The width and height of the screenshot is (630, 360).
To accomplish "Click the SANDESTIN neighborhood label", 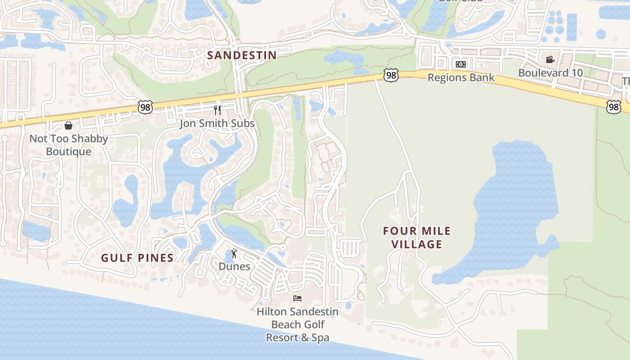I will coord(242,55).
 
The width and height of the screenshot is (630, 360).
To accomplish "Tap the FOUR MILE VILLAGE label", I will coord(417,238).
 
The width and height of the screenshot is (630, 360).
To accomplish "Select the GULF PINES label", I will coord(137,258).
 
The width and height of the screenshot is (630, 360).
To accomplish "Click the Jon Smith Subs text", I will coord(217,123).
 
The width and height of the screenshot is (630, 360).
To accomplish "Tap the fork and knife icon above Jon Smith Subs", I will coord(217,110).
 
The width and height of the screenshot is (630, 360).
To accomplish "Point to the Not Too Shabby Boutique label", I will coord(68,145).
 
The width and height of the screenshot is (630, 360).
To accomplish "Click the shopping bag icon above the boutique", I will coord(68,125).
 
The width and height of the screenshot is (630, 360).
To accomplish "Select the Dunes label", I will coord(234,266).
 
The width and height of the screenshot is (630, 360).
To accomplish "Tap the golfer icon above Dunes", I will coord(234,254).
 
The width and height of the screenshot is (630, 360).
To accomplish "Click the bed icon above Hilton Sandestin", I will coord(297,298).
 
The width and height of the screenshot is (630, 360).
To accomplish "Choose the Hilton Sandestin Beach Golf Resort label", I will coord(297,324).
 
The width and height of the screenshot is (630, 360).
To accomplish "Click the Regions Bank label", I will coord(461,77).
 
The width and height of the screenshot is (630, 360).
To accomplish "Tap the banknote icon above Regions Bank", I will coord(460,64).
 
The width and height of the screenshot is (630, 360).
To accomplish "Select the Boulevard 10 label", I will coord(550,72).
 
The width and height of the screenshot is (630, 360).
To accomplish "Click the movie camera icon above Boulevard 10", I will coord(550,59).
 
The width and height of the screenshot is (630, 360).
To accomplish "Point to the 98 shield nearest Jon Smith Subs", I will coord(145,107).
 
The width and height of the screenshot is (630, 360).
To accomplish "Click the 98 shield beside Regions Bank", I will coord(391,75).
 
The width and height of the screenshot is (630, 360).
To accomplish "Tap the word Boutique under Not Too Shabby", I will coord(68,152).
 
